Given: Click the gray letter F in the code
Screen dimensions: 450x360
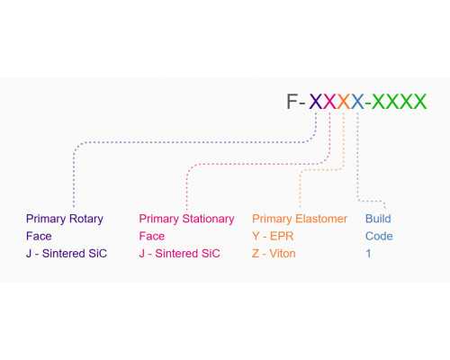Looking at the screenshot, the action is coord(292,102).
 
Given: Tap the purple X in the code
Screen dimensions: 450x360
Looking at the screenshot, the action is coord(316,102).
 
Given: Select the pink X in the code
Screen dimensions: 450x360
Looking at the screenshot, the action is coord(329,102).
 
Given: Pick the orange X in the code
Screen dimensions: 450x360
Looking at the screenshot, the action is coord(344,102).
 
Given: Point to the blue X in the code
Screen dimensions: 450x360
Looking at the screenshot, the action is coord(357,102).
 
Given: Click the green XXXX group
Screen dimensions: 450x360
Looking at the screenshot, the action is coord(399,102).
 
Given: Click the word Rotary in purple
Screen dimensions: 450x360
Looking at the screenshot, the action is coord(86,219).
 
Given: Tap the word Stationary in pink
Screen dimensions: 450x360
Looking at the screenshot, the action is coord(208,219).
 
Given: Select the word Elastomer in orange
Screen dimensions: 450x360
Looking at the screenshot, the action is coord(321,219).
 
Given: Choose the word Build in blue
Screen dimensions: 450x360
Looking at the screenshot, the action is coord(378,219).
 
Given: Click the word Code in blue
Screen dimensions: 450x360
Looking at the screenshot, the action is coord(379,236).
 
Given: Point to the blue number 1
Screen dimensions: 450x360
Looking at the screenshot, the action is coord(368,254).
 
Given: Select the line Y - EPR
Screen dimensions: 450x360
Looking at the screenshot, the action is coord(273,236).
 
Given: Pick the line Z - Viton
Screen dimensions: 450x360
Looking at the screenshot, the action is coord(274,254).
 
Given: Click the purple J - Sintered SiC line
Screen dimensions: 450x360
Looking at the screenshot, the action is coord(67,254).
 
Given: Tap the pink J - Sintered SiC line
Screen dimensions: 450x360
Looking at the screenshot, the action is coord(179,254).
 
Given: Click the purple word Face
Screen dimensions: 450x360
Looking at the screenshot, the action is coord(39,236).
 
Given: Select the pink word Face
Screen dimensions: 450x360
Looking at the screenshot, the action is coord(152,236).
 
